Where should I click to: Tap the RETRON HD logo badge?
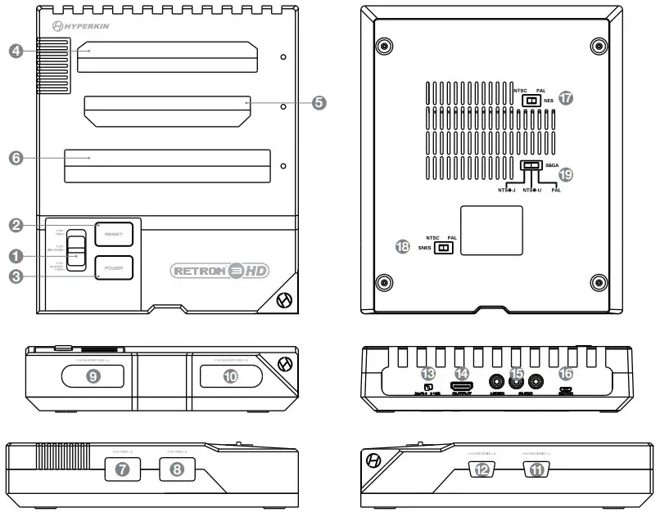point(219,269)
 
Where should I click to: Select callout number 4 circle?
point(16,51)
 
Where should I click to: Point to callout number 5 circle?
point(319,103)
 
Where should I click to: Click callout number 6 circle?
point(16,159)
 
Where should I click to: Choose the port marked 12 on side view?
point(481,469)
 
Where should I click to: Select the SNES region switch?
point(444,246)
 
